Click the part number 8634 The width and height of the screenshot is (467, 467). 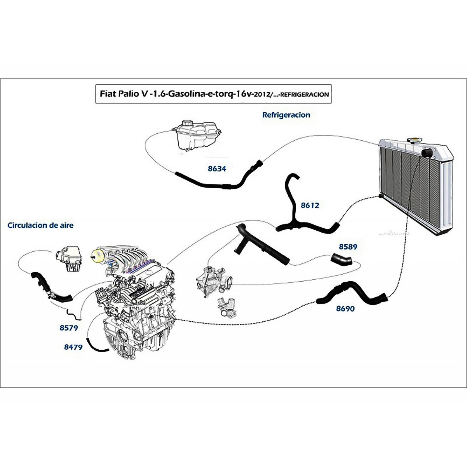click(x=217, y=169)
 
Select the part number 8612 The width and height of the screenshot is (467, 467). click(x=310, y=205)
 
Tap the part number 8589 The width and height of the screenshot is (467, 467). click(x=348, y=247)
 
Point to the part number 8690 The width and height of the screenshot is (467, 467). click(x=345, y=309)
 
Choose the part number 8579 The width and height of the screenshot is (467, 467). click(x=69, y=328)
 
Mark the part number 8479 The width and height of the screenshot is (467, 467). click(x=73, y=347)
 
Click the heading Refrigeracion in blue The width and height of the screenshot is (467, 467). click(x=286, y=115)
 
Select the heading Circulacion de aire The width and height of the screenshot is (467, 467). click(x=41, y=225)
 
